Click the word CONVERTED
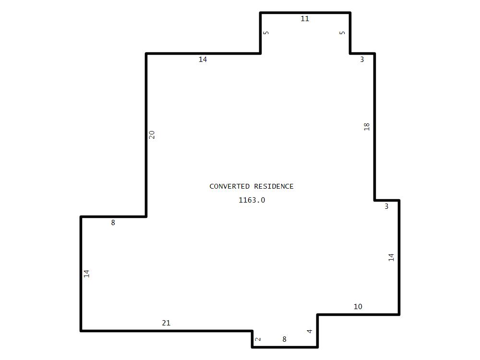pos(229,186)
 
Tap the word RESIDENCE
pos(274,186)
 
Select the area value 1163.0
pos(252,200)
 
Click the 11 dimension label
pos(305,19)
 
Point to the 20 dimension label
pos(152,135)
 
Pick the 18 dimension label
pos(367,127)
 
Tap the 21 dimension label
pos(166,323)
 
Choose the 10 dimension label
pos(358,307)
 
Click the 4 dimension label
pos(310,331)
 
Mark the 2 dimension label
pos(258,339)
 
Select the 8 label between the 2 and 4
pos(284,339)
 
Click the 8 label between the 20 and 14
pos(113,223)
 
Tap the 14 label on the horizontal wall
pos(203,60)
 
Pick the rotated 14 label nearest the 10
pos(391,257)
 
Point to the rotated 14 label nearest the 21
pos(86,274)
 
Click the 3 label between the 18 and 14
pos(386,206)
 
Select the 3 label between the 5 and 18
pos(362,60)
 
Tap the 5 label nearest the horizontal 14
pos(266,33)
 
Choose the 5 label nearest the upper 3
pos(342,33)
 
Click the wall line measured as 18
pos(374,127)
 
